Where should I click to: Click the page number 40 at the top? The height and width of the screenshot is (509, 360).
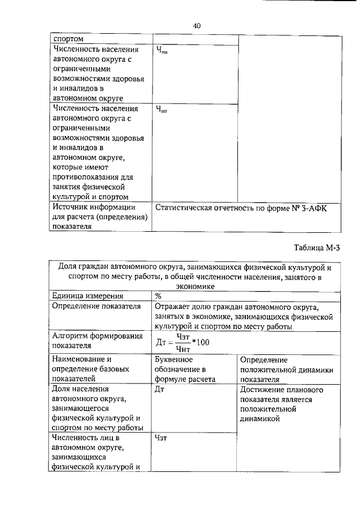(196, 25)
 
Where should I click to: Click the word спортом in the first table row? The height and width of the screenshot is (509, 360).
(68, 39)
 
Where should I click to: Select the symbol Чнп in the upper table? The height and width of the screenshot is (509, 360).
(162, 110)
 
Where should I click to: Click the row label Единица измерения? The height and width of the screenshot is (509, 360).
(88, 296)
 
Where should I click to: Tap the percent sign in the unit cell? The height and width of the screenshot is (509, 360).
(158, 296)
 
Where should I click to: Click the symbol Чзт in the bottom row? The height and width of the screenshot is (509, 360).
(161, 438)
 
